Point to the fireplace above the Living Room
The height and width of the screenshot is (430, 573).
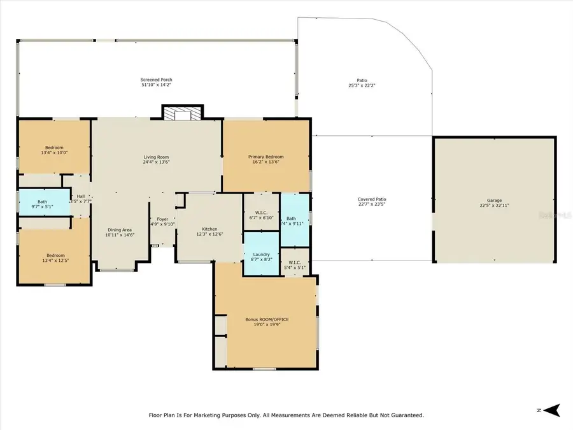(x=182, y=113)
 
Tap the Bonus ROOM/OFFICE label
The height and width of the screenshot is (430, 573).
(x=262, y=319)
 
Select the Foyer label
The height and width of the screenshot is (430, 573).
(x=163, y=219)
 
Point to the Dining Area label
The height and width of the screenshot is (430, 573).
(x=119, y=232)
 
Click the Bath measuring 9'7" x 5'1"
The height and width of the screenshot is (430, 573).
(x=42, y=204)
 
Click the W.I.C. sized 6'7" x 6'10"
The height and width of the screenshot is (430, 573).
(x=260, y=215)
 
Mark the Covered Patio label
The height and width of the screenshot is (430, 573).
(x=372, y=199)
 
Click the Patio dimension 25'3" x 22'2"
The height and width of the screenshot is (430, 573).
(x=362, y=85)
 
